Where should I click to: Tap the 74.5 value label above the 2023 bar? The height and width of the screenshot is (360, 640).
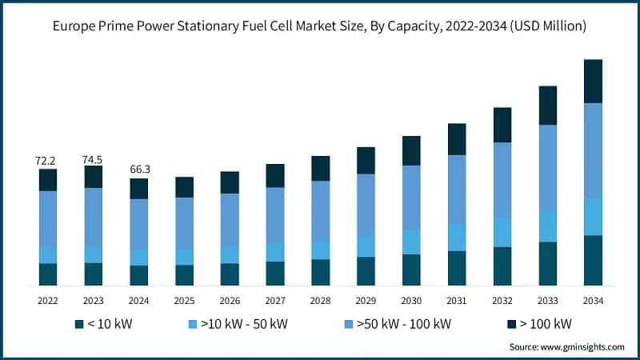click(x=94, y=159)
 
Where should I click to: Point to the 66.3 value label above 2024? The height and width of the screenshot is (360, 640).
click(x=139, y=170)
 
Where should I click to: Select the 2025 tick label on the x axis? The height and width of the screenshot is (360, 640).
click(x=185, y=301)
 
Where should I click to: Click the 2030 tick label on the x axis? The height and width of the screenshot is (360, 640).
click(x=411, y=301)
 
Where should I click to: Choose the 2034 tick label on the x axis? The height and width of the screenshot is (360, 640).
click(x=593, y=301)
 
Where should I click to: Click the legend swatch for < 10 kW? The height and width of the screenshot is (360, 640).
click(x=78, y=324)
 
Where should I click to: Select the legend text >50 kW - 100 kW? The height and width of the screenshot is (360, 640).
click(x=406, y=324)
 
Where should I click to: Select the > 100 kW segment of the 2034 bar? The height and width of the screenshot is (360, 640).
click(x=593, y=81)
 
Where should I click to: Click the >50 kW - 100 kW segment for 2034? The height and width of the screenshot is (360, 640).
click(x=593, y=150)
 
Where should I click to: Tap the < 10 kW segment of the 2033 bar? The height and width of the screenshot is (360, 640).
click(x=547, y=263)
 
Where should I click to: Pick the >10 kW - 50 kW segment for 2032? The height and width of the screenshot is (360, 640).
click(x=502, y=232)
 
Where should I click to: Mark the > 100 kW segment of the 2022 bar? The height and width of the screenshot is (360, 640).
click(x=48, y=180)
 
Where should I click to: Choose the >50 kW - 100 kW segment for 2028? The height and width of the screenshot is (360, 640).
click(x=321, y=210)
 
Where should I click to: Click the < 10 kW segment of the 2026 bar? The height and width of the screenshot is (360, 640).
click(x=230, y=274)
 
